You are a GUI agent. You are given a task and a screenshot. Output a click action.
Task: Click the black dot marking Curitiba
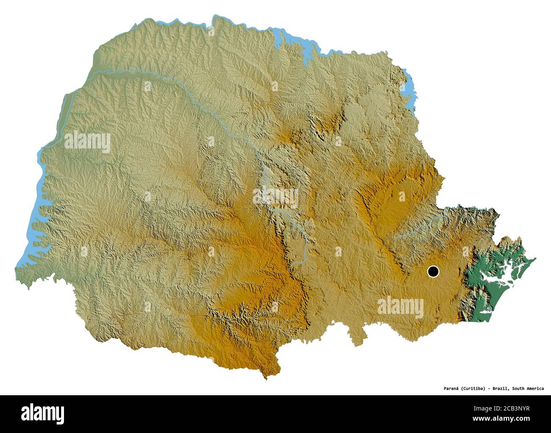pyautogui.click(x=433, y=271)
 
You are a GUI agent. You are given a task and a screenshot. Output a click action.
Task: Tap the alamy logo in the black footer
pyautogui.click(x=43, y=413)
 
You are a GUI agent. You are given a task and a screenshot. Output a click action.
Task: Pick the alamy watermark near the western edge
pyautogui.click(x=87, y=142)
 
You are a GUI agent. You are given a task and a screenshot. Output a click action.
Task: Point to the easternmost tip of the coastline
pyautogui.click(x=535, y=258)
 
